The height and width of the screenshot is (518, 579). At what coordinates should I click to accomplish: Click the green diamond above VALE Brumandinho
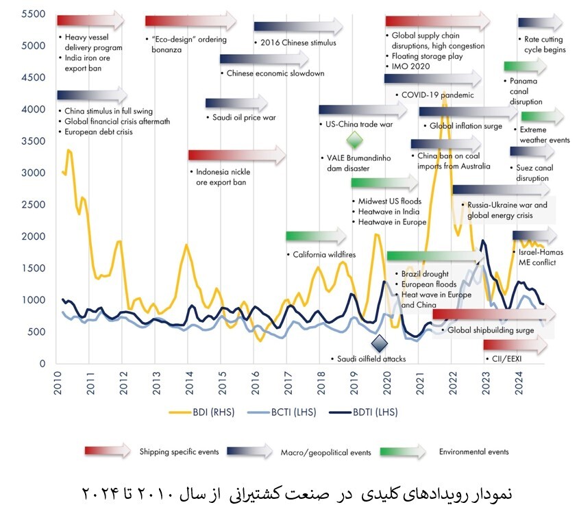(354, 140)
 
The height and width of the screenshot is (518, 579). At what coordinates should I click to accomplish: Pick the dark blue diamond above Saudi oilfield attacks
(379, 341)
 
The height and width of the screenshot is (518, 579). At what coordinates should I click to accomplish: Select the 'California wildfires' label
(325, 254)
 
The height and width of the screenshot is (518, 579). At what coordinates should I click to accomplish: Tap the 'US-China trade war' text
(359, 125)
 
